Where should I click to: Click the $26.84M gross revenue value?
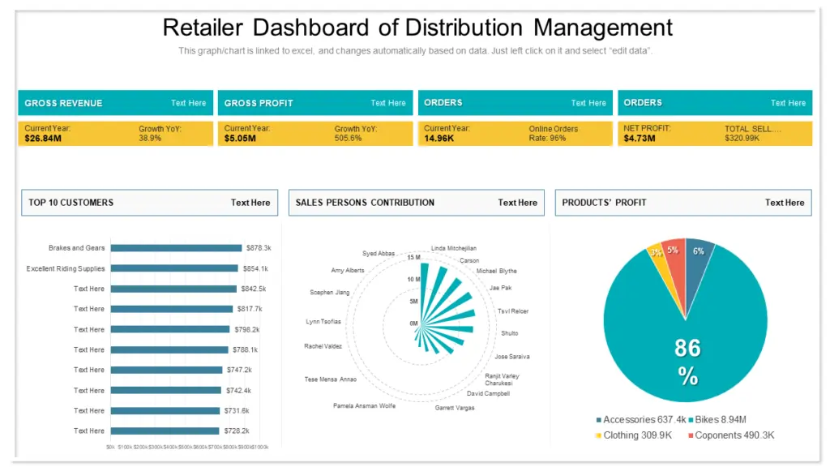(43, 139)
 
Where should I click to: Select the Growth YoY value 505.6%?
(348, 139)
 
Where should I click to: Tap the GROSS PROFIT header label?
(259, 103)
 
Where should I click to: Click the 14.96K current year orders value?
(440, 139)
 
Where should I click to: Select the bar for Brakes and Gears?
(176, 248)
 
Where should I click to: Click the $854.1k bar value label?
(255, 268)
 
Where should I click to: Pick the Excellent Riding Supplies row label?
(66, 268)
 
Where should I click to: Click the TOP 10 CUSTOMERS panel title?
(71, 203)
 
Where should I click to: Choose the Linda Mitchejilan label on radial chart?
(454, 248)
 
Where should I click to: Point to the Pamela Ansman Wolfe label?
(364, 405)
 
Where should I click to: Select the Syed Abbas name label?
(379, 254)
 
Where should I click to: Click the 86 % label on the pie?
(687, 361)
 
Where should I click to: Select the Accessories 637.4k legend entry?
(641, 420)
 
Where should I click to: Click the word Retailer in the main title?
(203, 28)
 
